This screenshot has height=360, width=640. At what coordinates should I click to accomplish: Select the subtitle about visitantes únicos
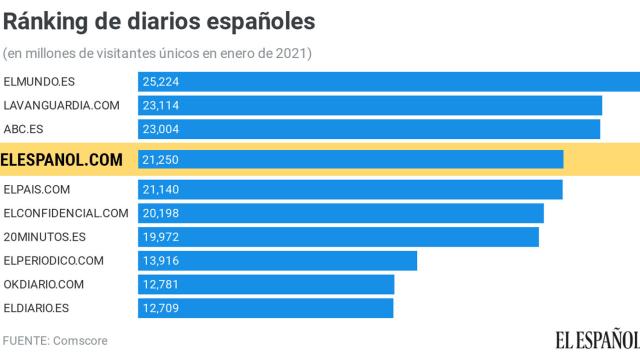click(x=158, y=52)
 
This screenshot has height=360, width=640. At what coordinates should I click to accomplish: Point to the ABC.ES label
click(x=25, y=128)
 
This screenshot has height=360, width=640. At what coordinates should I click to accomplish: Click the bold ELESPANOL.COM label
click(x=63, y=159)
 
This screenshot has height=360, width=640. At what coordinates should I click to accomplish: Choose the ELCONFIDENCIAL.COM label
click(x=67, y=213)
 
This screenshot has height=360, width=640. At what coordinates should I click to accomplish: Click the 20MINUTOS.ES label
click(x=45, y=236)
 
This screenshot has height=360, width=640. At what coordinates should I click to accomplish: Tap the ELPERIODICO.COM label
click(x=54, y=261)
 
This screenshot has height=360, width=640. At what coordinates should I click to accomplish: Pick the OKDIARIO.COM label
click(x=44, y=284)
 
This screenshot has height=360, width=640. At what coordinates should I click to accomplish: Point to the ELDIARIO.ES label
click(x=37, y=307)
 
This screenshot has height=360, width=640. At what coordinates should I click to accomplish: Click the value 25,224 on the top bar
click(x=162, y=82)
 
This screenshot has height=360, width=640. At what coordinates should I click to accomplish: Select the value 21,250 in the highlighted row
click(x=162, y=159)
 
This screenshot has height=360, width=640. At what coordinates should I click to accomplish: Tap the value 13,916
click(x=162, y=261)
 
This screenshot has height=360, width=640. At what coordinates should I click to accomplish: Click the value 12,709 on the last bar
click(x=162, y=307)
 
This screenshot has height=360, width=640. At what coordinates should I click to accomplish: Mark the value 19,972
click(x=162, y=236)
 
